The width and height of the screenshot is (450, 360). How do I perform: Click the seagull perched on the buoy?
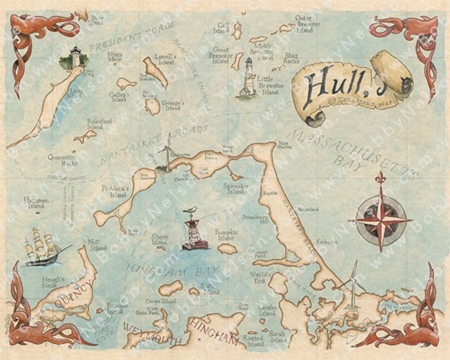click(x=192, y=211)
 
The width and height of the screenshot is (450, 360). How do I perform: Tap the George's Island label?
click(x=172, y=106)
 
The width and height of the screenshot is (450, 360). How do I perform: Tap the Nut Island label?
click(x=98, y=245)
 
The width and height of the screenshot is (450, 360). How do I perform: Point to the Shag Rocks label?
click(x=291, y=58)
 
